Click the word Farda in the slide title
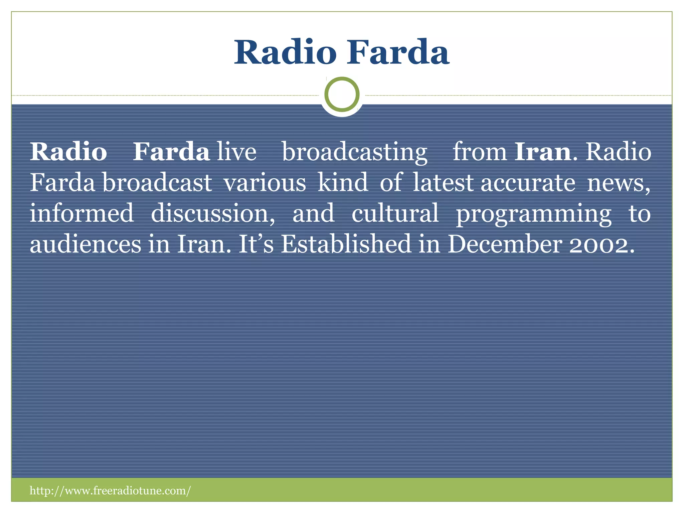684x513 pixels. [x=398, y=52]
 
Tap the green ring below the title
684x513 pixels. [x=342, y=94]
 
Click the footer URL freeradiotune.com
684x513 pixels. [x=110, y=490]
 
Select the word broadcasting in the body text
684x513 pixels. [x=354, y=152]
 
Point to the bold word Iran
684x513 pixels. [x=543, y=152]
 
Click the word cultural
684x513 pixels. [x=395, y=213]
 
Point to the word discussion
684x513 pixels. [x=212, y=213]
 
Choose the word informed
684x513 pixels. [x=82, y=213]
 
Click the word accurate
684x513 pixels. [x=528, y=183]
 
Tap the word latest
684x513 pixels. [x=443, y=183]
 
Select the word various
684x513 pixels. [x=265, y=183]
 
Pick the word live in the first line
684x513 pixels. [x=236, y=152]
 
